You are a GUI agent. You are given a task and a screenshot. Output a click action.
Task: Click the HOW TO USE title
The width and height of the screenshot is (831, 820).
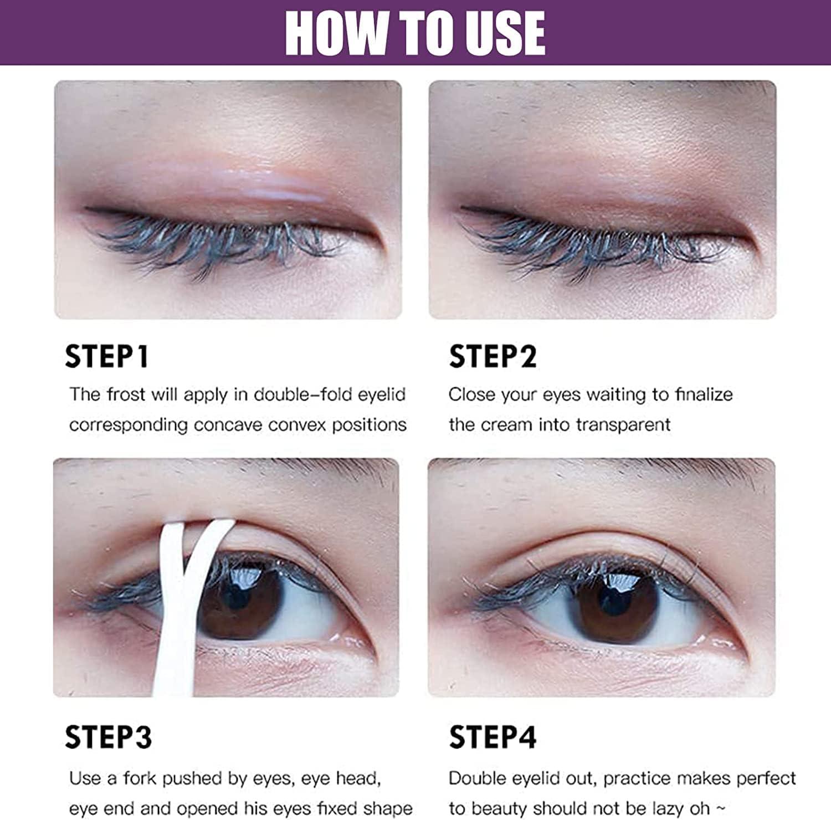pos(415,33)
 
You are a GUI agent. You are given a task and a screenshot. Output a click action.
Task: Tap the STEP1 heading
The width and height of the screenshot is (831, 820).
pos(106,356)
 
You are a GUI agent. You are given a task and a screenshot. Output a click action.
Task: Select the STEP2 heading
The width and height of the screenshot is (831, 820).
pos(493,356)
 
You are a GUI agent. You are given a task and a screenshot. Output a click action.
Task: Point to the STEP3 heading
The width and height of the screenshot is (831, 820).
pos(108,737)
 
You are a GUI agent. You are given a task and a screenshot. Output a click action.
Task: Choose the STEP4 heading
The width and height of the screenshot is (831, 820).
pos(493,737)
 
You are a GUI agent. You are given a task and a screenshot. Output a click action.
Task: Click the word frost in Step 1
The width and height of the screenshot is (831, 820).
pos(126,394)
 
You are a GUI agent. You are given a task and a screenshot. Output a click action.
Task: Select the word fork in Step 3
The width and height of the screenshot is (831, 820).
pos(140,778)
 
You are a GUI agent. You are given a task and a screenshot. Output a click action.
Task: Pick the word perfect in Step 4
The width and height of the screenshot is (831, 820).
pos(766,778)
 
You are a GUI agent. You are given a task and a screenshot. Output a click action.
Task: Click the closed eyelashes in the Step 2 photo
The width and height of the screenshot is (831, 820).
pos(593,244)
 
